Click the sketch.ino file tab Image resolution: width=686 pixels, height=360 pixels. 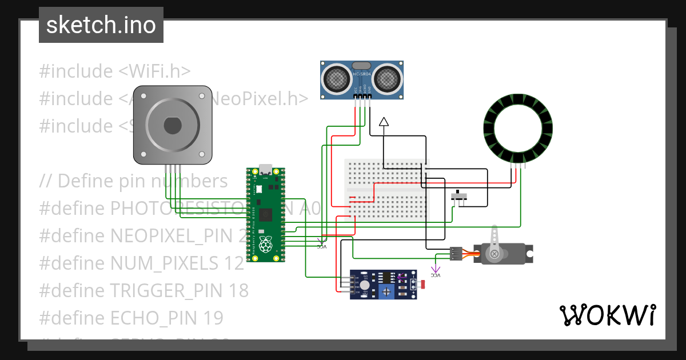coord(101,25)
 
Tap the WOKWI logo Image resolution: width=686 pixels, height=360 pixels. coord(607,315)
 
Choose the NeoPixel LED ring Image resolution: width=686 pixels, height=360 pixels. coord(518,129)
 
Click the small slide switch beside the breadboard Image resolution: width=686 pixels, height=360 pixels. coord(459,197)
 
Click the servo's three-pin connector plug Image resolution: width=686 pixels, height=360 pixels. coord(456,253)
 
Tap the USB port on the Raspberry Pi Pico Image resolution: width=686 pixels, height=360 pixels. coord(265,170)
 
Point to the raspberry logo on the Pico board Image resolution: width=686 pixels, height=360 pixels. coord(265,244)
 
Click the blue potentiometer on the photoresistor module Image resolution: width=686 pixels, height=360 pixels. coord(388,291)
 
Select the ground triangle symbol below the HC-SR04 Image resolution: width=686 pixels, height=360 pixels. coord(384,121)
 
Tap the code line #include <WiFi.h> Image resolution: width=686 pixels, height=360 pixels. coord(114,71)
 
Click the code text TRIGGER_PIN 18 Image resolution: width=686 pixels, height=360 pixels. coord(178,291)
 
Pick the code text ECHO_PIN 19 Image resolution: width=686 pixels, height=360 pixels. coord(166,318)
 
